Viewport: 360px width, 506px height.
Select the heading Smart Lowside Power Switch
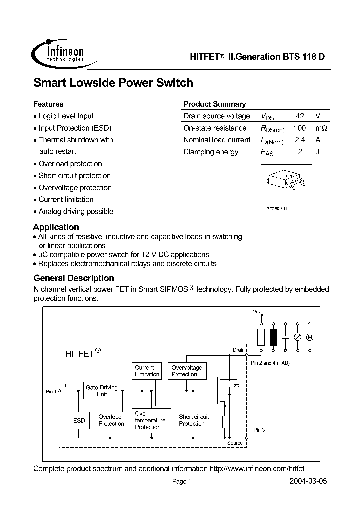[x=113, y=83]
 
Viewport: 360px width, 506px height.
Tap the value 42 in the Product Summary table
[x=300, y=116]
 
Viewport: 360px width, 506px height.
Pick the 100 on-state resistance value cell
[x=300, y=128]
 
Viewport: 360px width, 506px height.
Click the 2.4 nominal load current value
[x=300, y=140]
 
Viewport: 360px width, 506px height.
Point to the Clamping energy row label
[x=211, y=152]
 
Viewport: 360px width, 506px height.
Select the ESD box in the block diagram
[x=79, y=421]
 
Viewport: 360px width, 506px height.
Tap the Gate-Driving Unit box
[x=102, y=390]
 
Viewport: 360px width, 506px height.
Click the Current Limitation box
[x=147, y=371]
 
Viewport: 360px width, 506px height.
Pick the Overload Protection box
[x=111, y=420]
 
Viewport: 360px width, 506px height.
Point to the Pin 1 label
[x=51, y=392]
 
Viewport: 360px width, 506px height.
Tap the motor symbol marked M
[x=309, y=337]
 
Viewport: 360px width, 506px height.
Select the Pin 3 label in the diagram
[x=259, y=430]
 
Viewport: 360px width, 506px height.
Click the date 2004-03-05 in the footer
[x=308, y=481]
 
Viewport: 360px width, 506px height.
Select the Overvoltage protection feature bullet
[x=75, y=188]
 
